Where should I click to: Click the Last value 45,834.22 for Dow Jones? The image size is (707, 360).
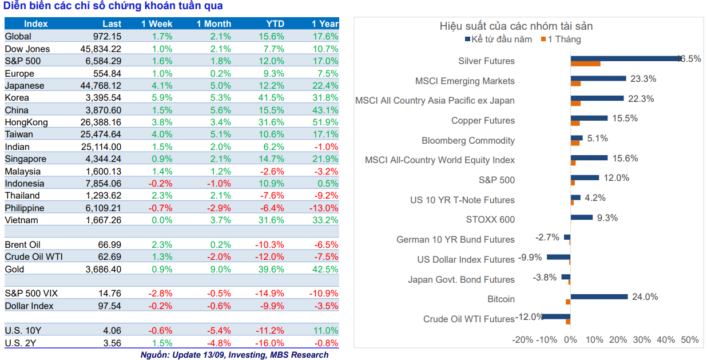tap(101, 49)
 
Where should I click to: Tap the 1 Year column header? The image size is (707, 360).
tap(325, 24)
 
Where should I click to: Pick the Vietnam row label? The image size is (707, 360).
tap(21, 220)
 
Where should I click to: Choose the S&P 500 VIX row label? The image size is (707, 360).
tap(31, 294)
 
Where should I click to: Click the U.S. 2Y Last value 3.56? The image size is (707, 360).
tap(109, 343)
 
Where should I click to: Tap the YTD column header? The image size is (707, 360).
tap(275, 24)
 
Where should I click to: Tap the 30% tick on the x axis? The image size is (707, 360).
tap(642, 340)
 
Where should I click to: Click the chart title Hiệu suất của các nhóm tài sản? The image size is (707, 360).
tap(516, 26)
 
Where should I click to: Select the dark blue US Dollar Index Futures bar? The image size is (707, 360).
tap(558, 257)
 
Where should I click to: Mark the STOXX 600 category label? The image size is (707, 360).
tap(490, 220)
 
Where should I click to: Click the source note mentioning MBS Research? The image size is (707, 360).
tap(235, 355)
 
